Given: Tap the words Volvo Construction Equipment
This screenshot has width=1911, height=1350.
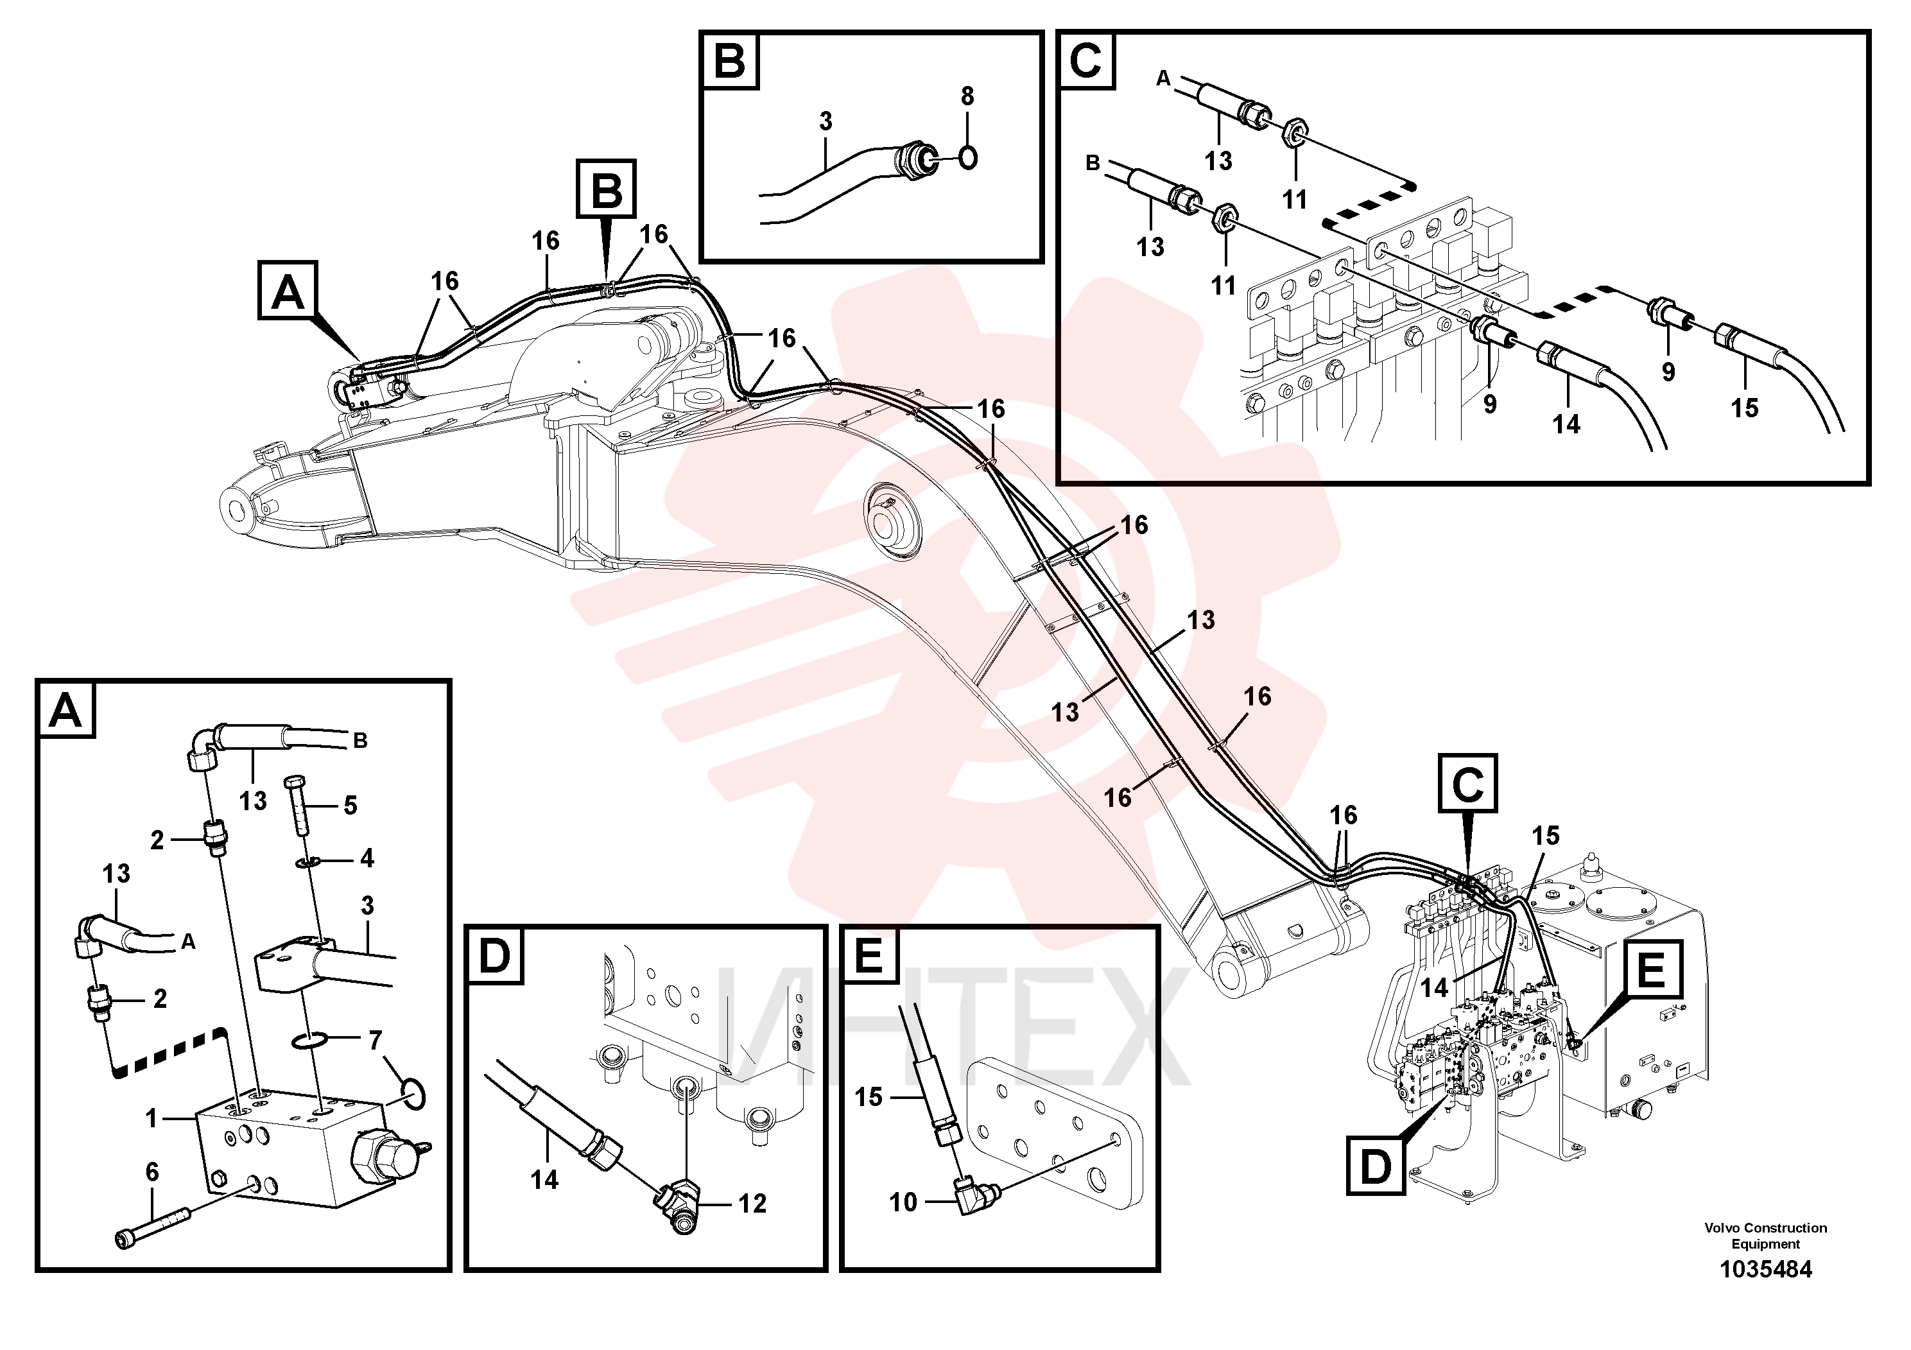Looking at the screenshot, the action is click(x=1765, y=1235).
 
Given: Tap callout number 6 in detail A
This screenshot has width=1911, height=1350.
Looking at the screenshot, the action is click(x=151, y=1172).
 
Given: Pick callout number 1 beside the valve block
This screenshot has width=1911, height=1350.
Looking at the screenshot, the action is click(x=151, y=1119).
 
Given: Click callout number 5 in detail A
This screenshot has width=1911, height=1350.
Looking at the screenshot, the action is click(x=350, y=805).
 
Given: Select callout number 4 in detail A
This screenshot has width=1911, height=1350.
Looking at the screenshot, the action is click(x=367, y=858).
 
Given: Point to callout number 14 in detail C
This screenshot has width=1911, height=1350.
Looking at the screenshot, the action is click(x=1566, y=424).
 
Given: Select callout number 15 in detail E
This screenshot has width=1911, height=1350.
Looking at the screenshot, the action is click(x=868, y=1097).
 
